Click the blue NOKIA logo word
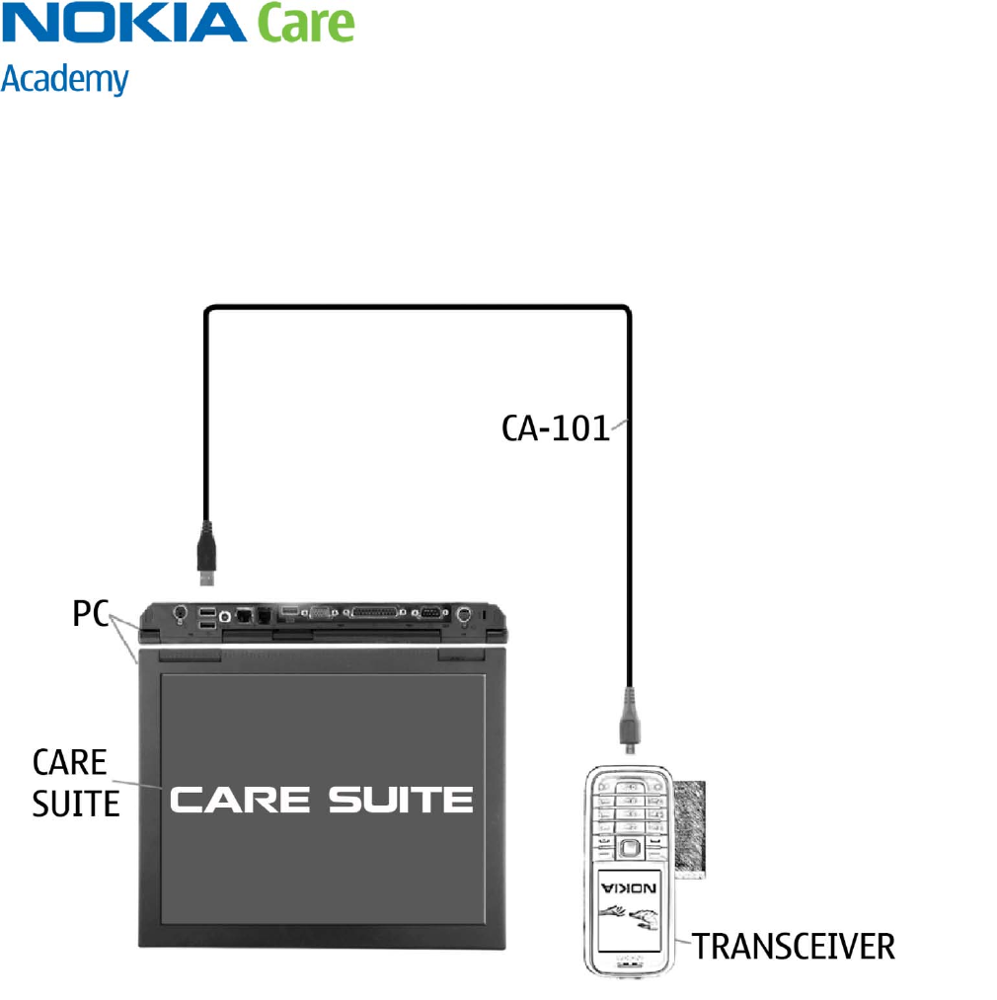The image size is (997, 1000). [x=122, y=23]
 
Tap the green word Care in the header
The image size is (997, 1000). [x=305, y=23]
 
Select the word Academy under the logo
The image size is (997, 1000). [x=65, y=79]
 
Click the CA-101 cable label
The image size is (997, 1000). [x=555, y=428]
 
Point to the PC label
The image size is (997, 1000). [x=90, y=613]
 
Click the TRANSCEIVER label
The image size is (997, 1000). [x=793, y=946]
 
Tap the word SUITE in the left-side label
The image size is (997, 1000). [x=76, y=804]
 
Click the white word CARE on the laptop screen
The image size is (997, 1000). [x=243, y=799]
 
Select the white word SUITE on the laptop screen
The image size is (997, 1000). [x=401, y=799]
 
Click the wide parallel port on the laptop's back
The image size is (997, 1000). [x=372, y=613]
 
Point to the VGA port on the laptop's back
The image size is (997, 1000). [x=320, y=613]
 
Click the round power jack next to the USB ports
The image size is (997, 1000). [x=181, y=615]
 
